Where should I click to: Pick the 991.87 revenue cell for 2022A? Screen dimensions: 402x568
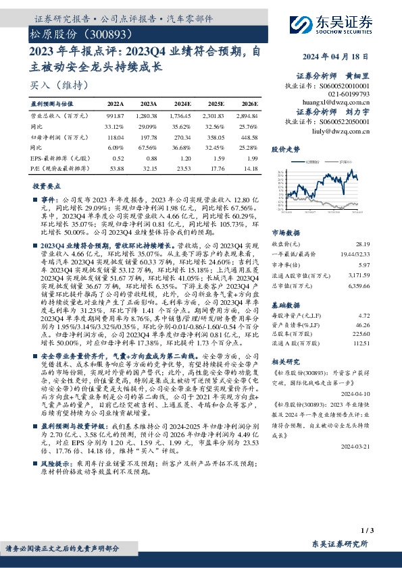click(x=115, y=115)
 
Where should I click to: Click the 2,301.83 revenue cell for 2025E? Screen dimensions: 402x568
click(x=213, y=115)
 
